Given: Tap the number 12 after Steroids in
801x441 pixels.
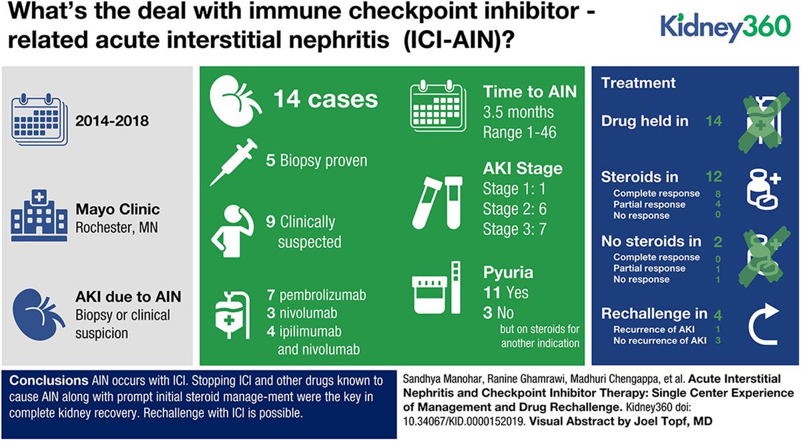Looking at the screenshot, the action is coord(714,177).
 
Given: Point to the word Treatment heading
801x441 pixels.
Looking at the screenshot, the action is coord(638,83).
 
